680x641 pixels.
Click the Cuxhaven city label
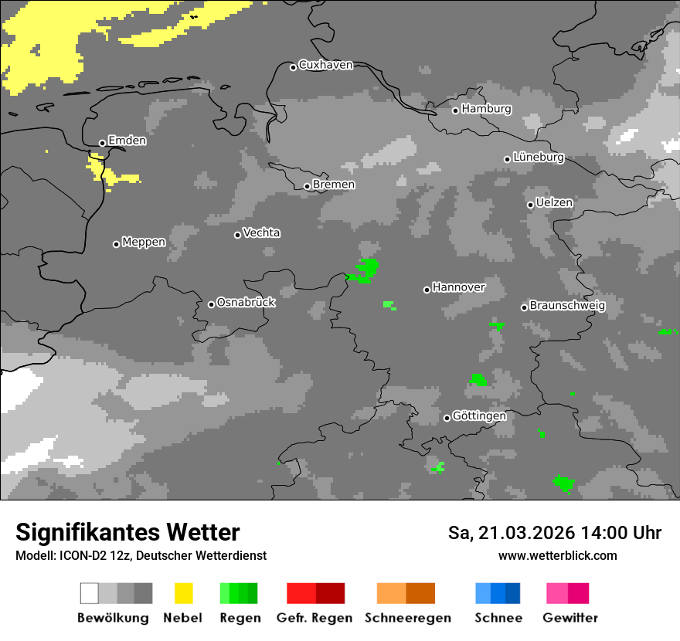pyautogui.click(x=325, y=66)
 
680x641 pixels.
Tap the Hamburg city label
pyautogui.click(x=486, y=109)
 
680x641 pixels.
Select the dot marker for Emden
pyautogui.click(x=102, y=143)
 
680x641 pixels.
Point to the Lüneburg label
pyautogui.click(x=538, y=158)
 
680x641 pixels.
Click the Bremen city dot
pyautogui.click(x=307, y=186)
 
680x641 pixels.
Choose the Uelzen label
pyautogui.click(x=554, y=203)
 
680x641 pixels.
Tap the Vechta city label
pyautogui.click(x=261, y=233)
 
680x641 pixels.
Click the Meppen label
pyautogui.click(x=144, y=242)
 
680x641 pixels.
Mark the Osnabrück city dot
pyautogui.click(x=211, y=304)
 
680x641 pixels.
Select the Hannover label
pyautogui.click(x=458, y=287)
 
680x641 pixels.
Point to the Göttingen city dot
pyautogui.click(x=447, y=418)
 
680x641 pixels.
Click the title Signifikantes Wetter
pyautogui.click(x=127, y=533)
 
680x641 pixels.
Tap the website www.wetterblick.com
pyautogui.click(x=557, y=556)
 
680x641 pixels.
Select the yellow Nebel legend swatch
pyautogui.click(x=183, y=593)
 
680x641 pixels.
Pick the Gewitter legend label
pyautogui.click(x=569, y=618)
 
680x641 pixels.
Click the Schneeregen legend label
pyautogui.click(x=407, y=618)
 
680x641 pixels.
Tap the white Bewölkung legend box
pyautogui.click(x=90, y=593)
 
